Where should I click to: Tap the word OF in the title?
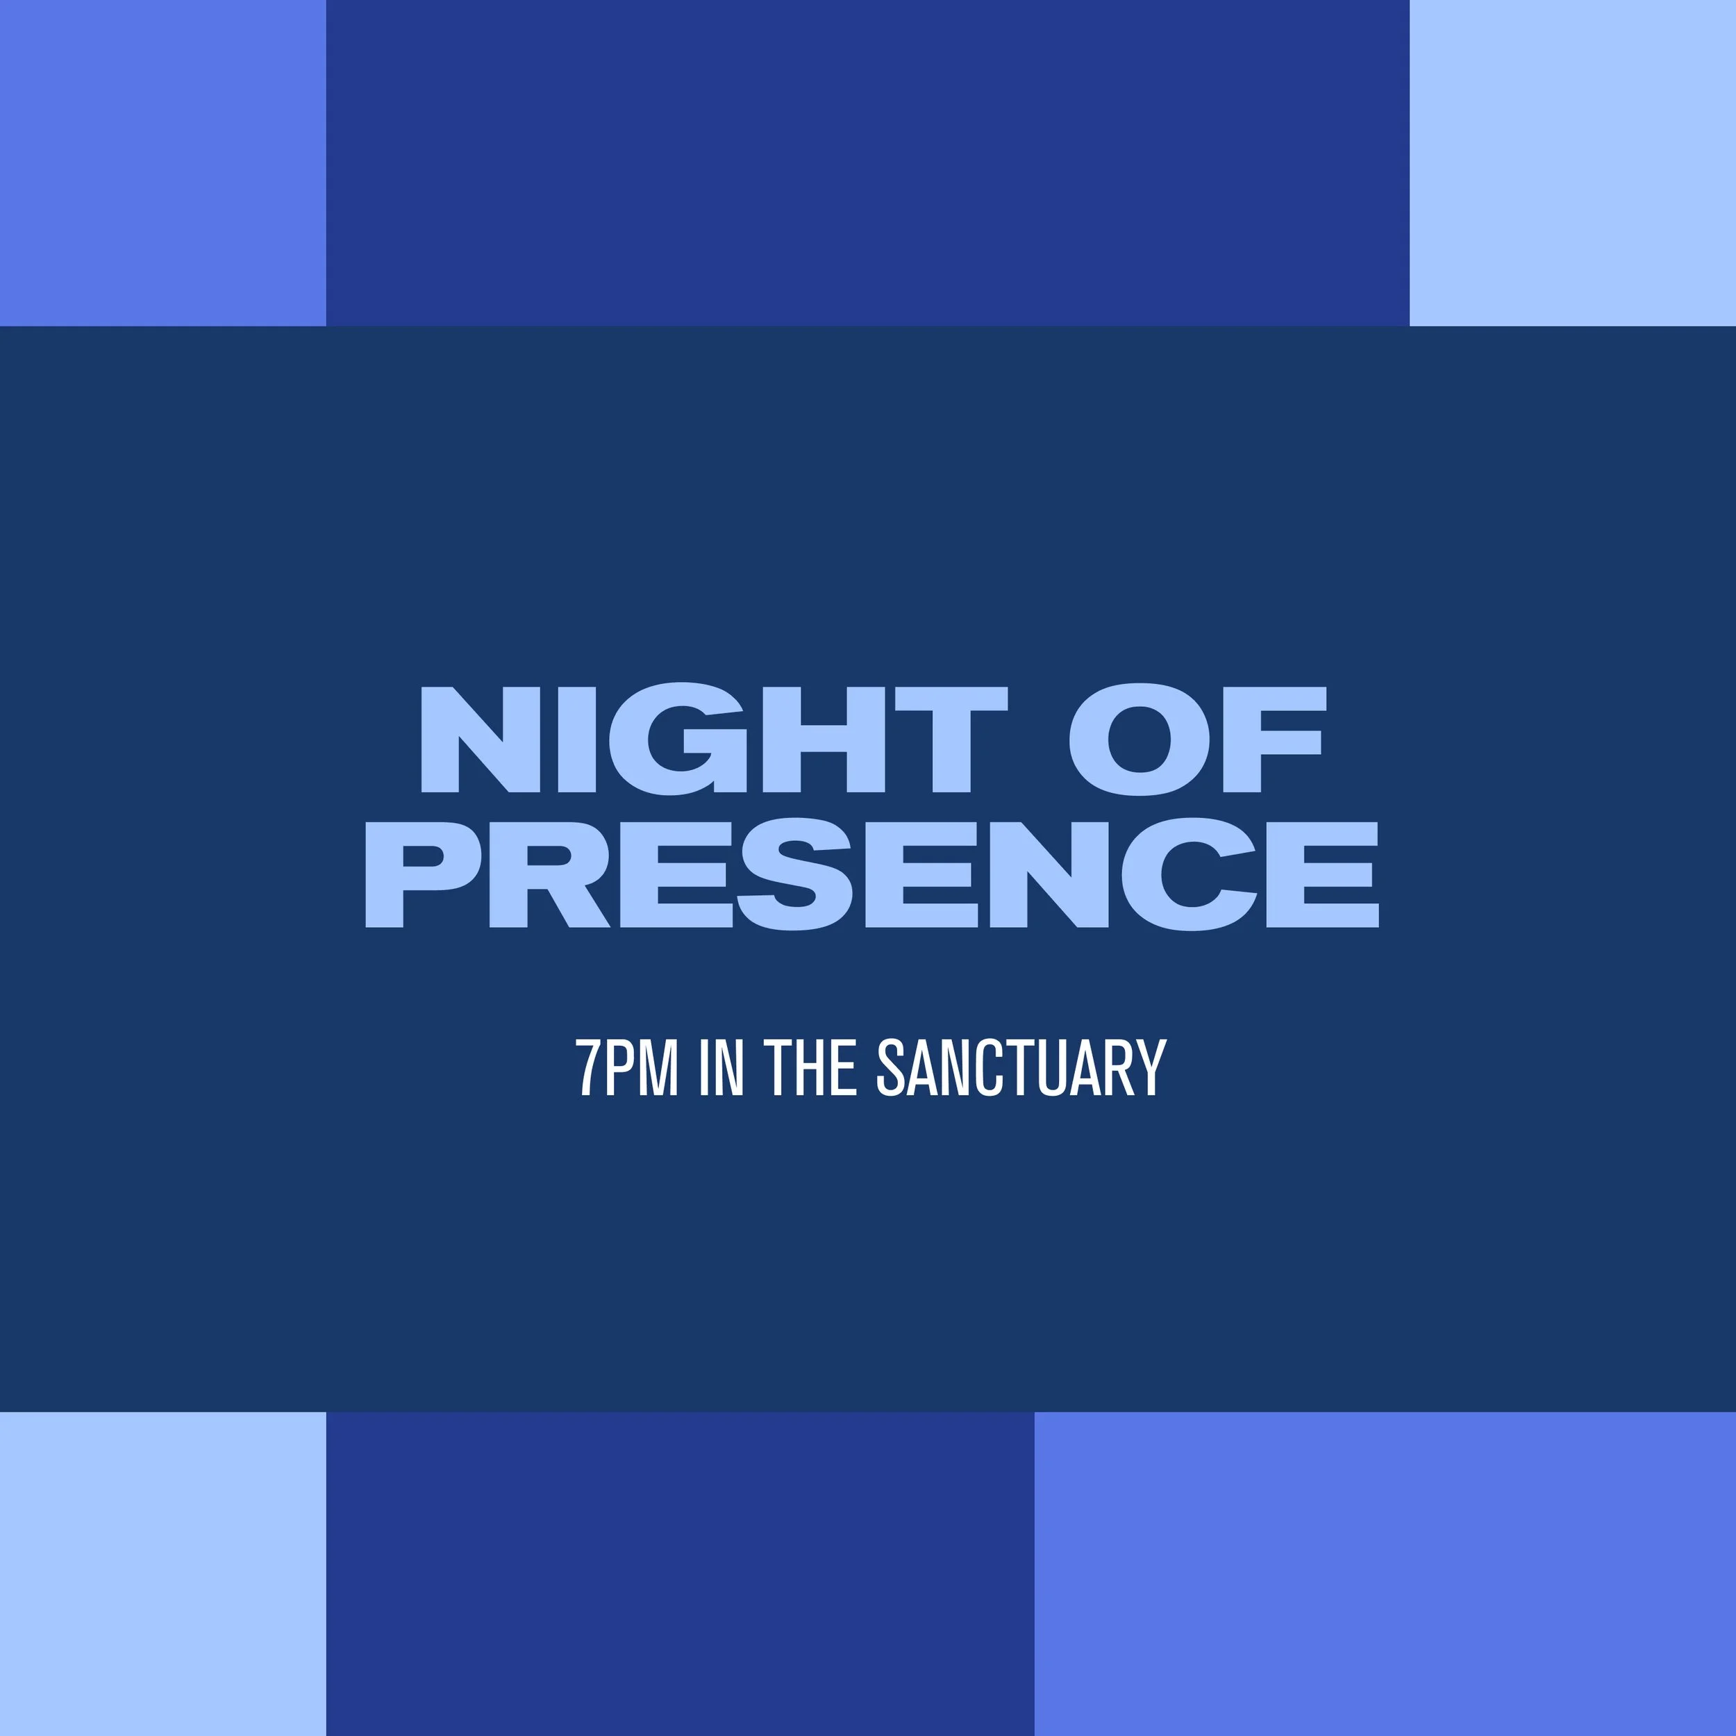1197,739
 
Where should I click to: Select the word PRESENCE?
871,874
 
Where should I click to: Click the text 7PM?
626,1067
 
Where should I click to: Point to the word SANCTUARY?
1021,1067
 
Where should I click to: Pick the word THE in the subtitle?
810,1067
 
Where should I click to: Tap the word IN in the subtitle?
721,1067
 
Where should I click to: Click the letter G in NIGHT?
678,739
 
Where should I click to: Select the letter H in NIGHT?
824,739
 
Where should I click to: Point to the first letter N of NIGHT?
480,739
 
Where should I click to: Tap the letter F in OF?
1274,739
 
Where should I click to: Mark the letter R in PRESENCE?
547,874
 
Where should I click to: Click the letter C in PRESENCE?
1188,874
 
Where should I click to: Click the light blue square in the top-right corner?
1572,162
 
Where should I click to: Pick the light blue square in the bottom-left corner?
162,1572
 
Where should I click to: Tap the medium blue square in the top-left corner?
162,162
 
